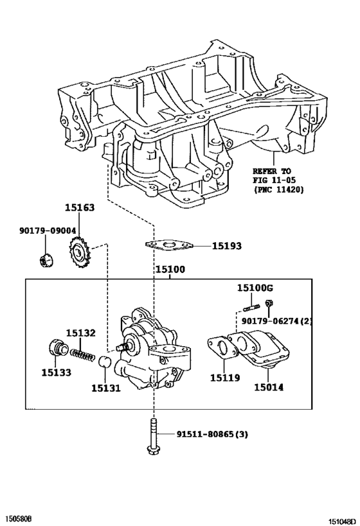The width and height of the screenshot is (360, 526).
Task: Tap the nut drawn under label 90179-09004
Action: click(x=46, y=259)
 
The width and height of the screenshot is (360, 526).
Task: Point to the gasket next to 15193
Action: click(x=168, y=245)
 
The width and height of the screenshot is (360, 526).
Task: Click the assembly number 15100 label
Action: click(x=169, y=270)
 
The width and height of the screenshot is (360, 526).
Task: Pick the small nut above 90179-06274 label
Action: click(x=271, y=303)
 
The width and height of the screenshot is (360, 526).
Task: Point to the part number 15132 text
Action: click(x=81, y=333)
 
